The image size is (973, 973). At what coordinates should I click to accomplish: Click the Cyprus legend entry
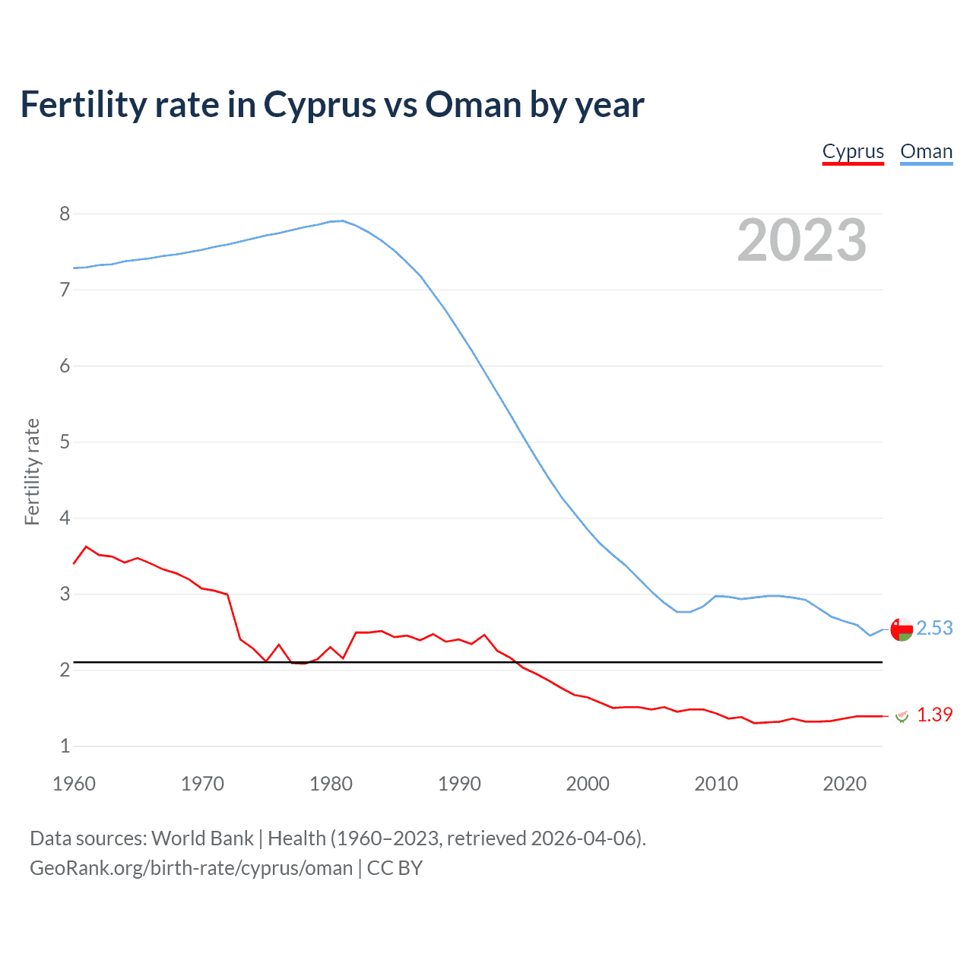(x=853, y=152)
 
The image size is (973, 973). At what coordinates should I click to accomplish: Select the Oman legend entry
(x=926, y=152)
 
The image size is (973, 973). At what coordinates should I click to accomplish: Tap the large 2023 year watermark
(x=802, y=240)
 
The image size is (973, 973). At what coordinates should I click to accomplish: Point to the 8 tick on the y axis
(x=65, y=214)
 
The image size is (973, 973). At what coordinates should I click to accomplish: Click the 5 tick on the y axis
(x=65, y=442)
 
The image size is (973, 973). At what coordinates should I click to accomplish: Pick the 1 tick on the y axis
(x=65, y=746)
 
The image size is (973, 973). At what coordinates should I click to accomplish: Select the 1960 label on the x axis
(x=74, y=784)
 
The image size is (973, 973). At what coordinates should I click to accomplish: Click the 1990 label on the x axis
(x=459, y=784)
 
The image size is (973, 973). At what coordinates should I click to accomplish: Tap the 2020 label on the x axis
(x=845, y=784)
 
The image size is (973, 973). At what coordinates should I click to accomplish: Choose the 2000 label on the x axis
(x=588, y=784)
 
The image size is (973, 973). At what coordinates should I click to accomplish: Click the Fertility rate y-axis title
(x=32, y=471)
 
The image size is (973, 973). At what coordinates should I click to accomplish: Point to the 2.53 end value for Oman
(x=934, y=628)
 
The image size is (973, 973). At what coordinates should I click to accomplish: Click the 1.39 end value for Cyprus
(x=934, y=715)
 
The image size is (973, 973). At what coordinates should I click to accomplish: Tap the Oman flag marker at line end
(x=902, y=629)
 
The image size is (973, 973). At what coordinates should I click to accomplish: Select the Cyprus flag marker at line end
(x=902, y=715)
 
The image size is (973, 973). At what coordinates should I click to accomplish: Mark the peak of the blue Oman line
(x=343, y=220)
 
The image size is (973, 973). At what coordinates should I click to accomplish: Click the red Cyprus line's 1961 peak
(x=86, y=546)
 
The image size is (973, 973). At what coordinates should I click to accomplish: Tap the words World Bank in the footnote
(x=202, y=838)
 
